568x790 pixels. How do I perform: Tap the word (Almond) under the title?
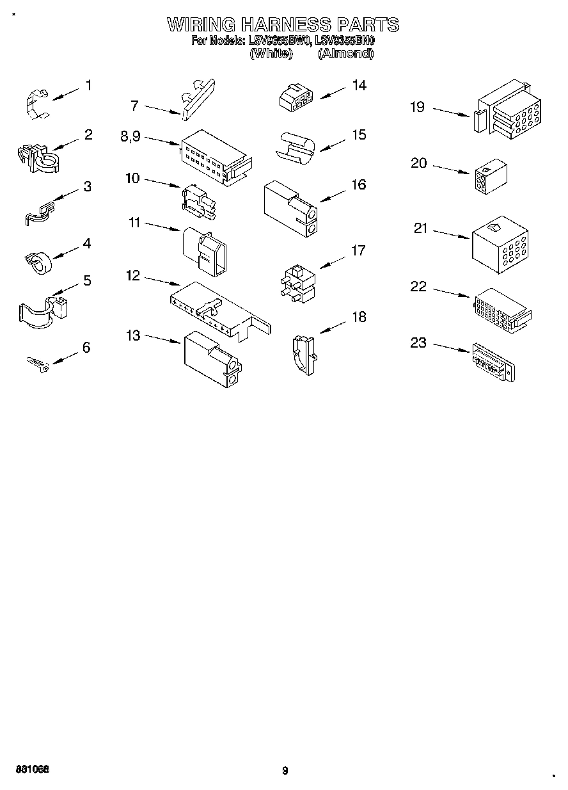[345, 54]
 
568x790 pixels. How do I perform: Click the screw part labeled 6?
[38, 364]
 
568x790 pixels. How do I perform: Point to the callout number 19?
[417, 107]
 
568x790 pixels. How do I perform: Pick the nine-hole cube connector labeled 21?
[499, 240]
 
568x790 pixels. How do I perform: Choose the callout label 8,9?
[130, 136]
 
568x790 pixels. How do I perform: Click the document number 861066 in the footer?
[33, 768]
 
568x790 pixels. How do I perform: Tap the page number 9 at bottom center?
[285, 771]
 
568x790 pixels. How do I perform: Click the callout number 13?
[133, 335]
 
